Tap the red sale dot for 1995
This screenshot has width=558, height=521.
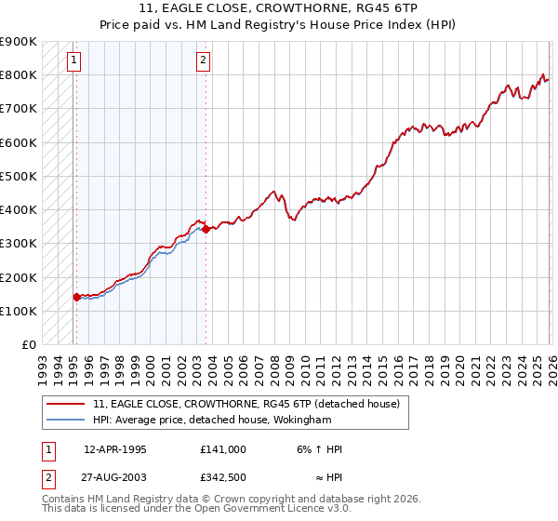(76, 298)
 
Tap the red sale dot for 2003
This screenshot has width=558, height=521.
(206, 229)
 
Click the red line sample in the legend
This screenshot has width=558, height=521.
(66, 404)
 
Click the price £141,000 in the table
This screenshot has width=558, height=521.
(222, 449)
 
